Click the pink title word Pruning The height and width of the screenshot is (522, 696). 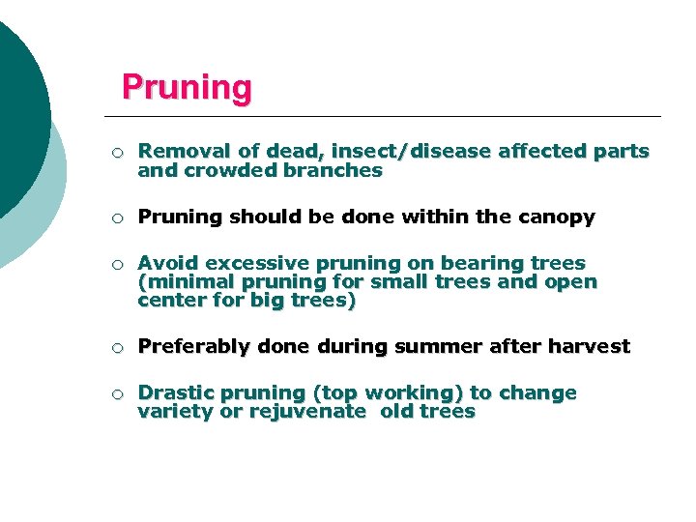187,88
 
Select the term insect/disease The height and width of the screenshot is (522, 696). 410,151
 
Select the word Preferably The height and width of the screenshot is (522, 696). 189,346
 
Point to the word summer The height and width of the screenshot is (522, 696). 425,346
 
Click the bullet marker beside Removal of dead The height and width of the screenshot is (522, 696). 116,152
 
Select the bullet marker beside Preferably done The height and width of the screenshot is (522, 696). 116,347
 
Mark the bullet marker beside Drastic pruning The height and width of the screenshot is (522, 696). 116,393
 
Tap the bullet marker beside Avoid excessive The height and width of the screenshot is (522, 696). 116,264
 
